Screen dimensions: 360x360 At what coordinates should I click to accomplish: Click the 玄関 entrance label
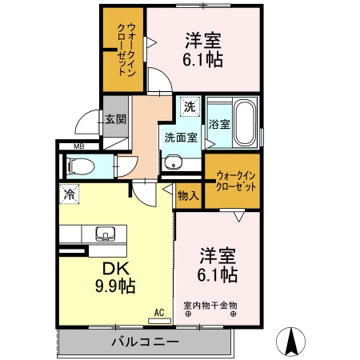[114, 119]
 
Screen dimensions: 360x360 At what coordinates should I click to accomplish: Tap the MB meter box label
[79, 146]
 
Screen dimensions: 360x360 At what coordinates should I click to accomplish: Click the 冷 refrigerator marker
[70, 194]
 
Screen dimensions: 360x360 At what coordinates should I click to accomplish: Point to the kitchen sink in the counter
[104, 234]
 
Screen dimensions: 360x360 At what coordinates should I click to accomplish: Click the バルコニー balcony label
[145, 342]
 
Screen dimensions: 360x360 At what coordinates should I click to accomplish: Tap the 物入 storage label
[188, 195]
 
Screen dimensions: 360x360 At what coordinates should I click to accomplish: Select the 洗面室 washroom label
[181, 137]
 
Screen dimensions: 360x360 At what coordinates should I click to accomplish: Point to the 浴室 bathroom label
[219, 125]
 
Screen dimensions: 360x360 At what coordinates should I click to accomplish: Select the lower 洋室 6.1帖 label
[218, 265]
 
